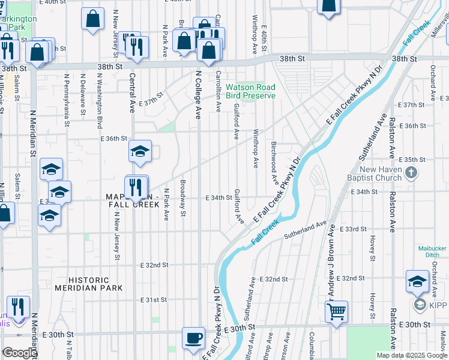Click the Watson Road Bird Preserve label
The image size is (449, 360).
(x=250, y=91)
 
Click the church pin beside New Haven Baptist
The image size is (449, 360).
(x=411, y=174)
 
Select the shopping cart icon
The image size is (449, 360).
(x=336, y=311)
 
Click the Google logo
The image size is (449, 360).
(x=20, y=353)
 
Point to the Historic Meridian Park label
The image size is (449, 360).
(x=89, y=284)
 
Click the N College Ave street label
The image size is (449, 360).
(x=197, y=95)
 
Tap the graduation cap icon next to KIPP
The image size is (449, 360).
(x=417, y=280)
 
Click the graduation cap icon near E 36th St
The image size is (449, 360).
(x=139, y=151)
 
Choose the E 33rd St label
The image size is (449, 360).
(x=353, y=229)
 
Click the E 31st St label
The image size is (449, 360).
(x=153, y=299)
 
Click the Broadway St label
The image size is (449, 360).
(x=183, y=198)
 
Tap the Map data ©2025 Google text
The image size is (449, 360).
(x=412, y=355)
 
